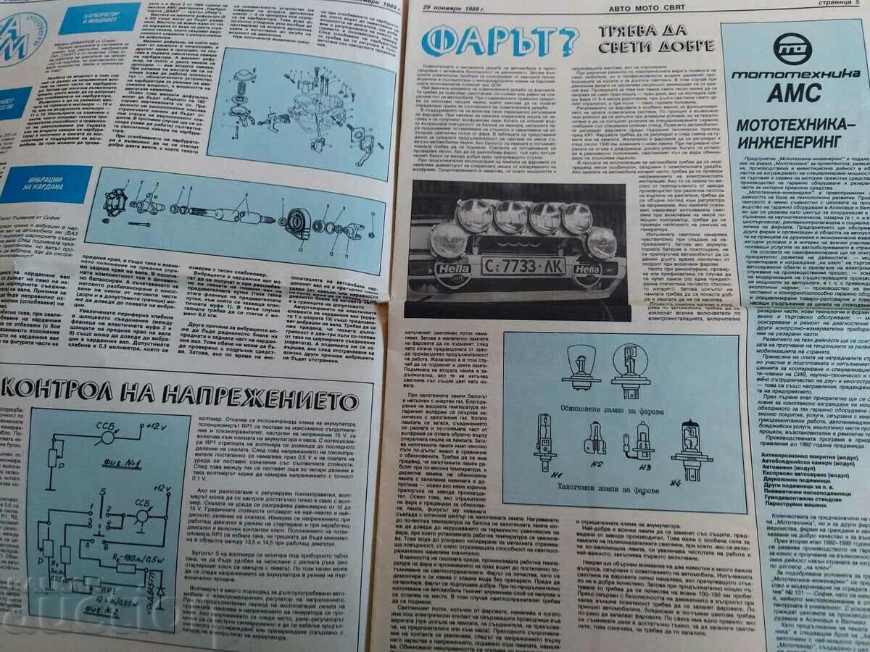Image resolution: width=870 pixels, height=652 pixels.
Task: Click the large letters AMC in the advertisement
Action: tap(795, 93)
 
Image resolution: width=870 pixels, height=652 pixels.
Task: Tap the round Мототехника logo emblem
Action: tap(792, 49)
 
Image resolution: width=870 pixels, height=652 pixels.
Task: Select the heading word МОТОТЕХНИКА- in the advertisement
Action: tap(792, 125)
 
